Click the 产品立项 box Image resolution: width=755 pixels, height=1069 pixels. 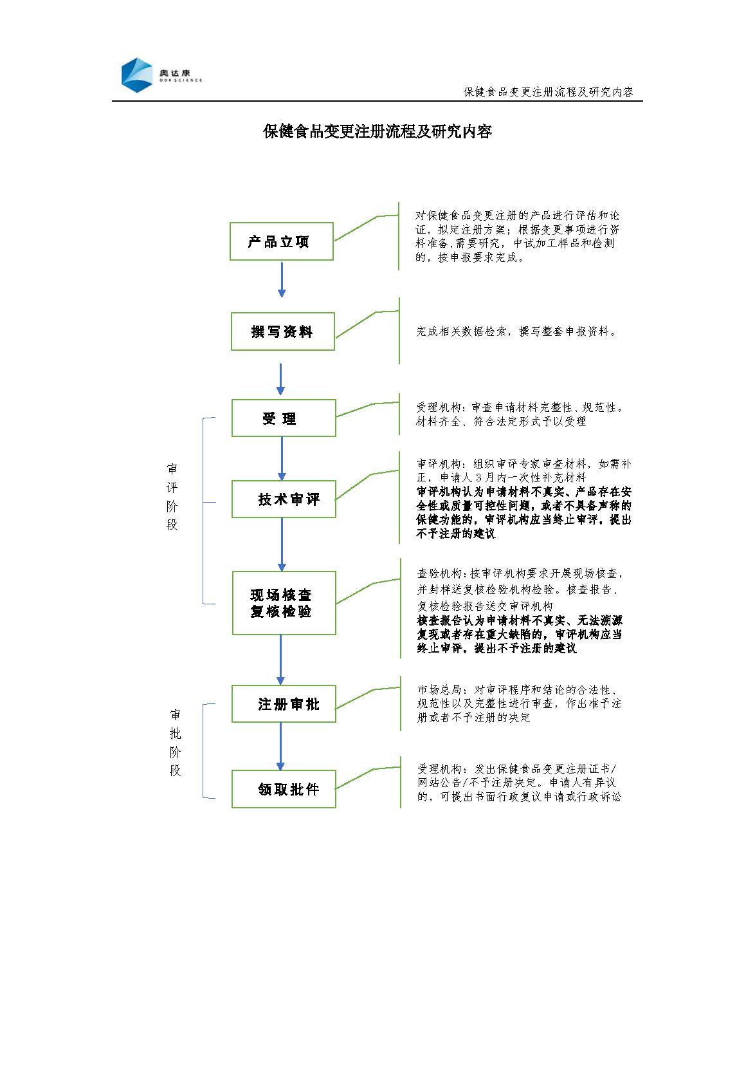[282, 241]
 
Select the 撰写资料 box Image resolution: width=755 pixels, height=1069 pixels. [283, 331]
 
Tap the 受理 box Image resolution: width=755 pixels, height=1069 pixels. [284, 418]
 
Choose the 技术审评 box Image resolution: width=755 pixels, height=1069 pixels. [284, 499]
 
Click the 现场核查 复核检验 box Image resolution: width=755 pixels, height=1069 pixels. [284, 603]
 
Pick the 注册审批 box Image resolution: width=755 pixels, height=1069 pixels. [284, 704]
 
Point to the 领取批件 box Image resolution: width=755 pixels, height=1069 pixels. [284, 789]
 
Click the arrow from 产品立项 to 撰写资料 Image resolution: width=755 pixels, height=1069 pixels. [282, 280]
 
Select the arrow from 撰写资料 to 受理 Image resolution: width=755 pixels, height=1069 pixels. [281, 380]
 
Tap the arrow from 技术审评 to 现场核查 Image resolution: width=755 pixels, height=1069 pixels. [282, 544]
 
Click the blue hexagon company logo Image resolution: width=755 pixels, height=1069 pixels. [137, 75]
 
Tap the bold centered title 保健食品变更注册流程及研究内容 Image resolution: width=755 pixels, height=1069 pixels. [377, 131]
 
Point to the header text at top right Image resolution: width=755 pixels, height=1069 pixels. [549, 91]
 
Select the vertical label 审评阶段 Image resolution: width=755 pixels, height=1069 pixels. [172, 497]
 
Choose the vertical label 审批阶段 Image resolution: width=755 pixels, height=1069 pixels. [176, 743]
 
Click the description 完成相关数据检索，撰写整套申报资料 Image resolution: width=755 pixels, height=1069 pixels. [516, 331]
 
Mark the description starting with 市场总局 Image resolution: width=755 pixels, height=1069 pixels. [520, 703]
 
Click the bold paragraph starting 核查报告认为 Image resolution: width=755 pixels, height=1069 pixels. [520, 634]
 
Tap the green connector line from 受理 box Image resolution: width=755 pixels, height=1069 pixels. [367, 409]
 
